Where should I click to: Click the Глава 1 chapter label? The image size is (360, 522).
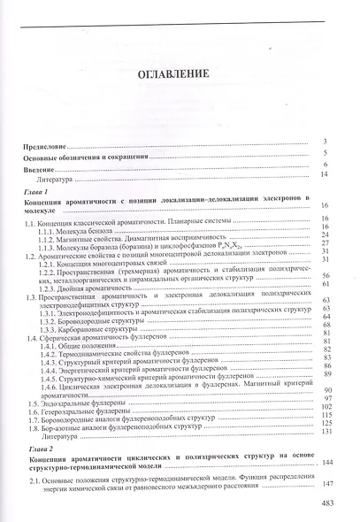[40, 191]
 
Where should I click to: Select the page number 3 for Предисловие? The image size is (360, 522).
[326, 142]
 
